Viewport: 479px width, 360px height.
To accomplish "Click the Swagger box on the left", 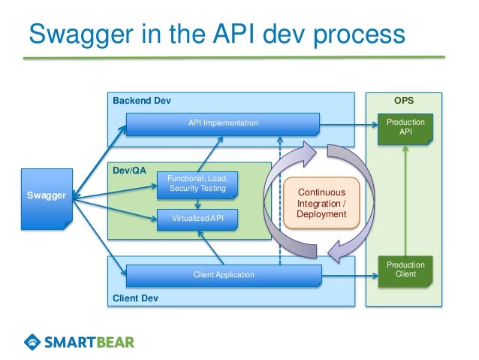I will point(46,196).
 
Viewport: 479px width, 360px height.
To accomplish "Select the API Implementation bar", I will point(223,123).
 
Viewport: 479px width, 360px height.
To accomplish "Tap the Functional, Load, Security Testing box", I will point(197,183).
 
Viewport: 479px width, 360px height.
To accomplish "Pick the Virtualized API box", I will point(197,219).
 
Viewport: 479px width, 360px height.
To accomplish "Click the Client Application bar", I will point(223,275).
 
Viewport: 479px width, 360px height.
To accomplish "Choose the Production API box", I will point(405,127).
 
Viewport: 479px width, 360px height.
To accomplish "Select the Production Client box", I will point(405,270).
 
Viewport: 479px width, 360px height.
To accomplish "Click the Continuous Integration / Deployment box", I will point(322,203).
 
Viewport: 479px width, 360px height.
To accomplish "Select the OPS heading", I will point(404,101).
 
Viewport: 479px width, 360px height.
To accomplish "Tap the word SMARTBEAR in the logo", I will point(90,342).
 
